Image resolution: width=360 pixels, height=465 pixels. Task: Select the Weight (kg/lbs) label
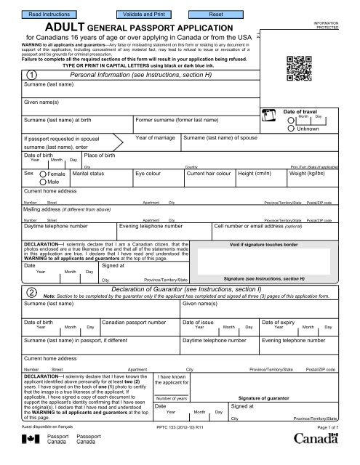click(312, 174)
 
